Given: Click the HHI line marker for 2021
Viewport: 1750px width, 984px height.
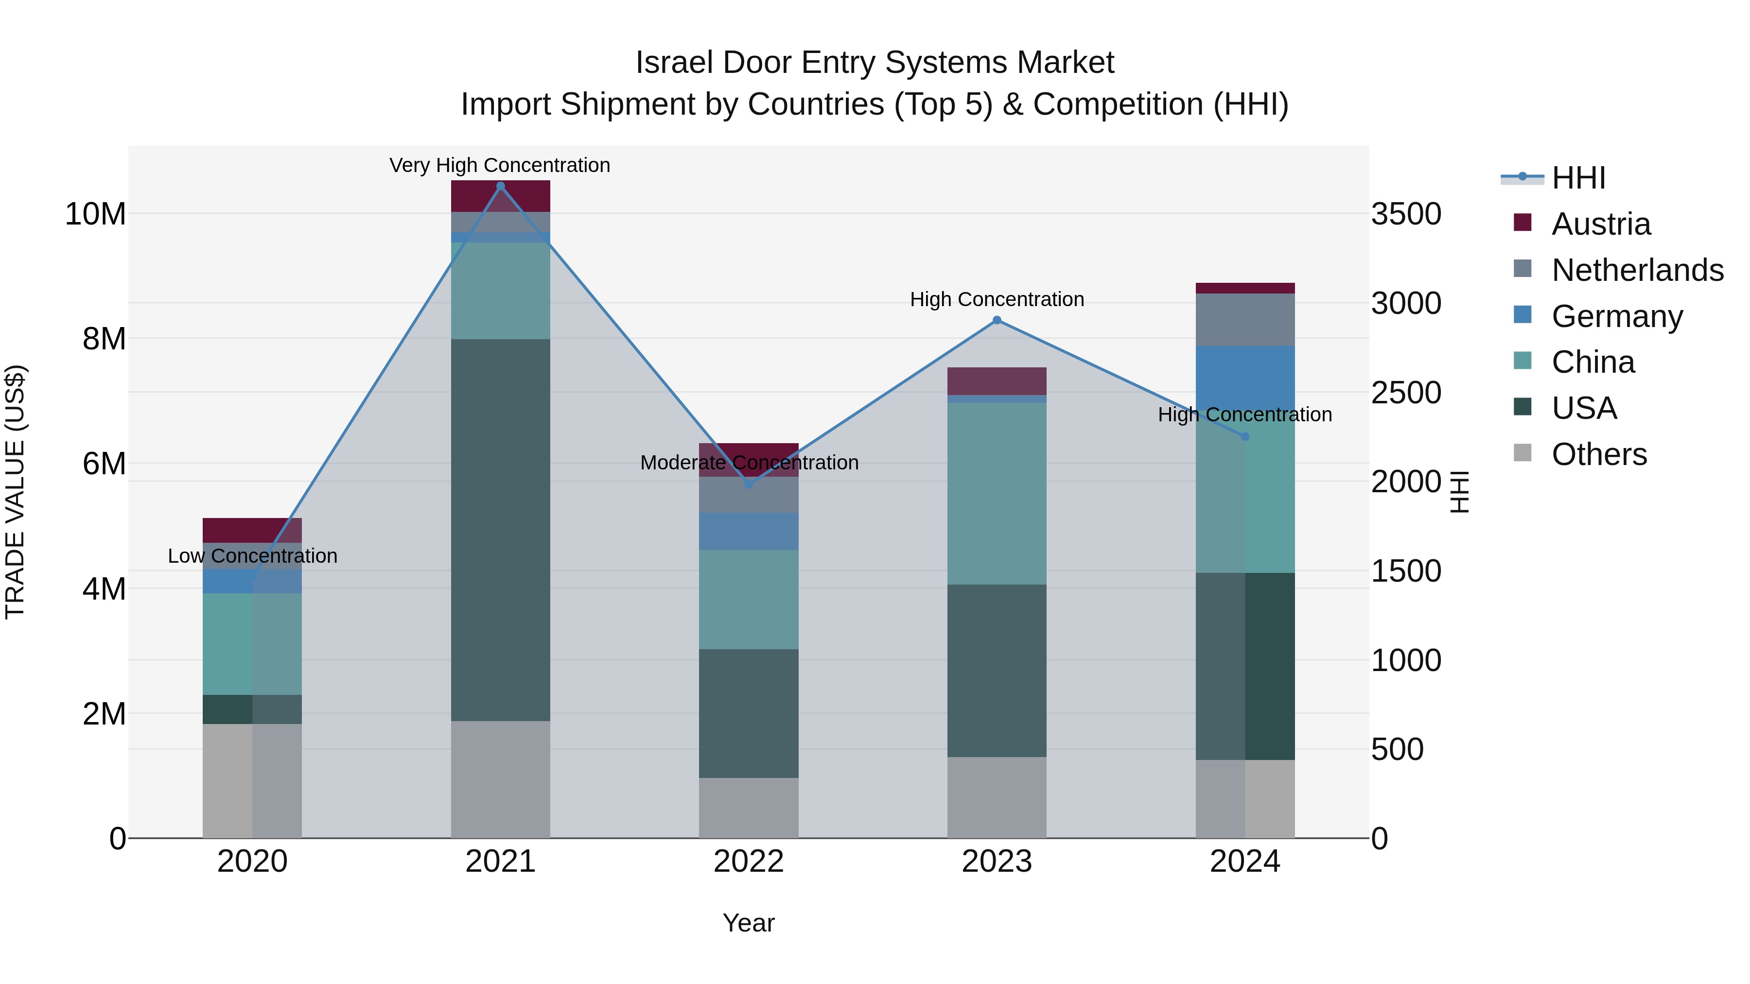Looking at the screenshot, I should pos(501,186).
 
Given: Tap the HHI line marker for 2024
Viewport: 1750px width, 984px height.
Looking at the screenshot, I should pos(1244,437).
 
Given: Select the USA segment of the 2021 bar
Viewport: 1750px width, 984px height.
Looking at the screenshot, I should pos(501,530).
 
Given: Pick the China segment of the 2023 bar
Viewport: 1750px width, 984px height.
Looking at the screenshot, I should pos(997,494).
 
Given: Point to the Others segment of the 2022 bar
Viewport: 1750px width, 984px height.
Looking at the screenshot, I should pos(749,808).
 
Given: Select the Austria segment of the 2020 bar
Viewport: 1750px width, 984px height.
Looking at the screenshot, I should pos(252,530).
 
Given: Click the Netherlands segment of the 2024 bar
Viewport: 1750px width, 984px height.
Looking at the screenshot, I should pos(1244,320).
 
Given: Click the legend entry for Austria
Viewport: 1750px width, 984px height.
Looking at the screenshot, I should pos(1601,224).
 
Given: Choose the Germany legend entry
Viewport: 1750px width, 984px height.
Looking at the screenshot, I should pos(1617,316).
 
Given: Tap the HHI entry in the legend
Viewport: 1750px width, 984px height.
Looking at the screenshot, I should pos(1577,178).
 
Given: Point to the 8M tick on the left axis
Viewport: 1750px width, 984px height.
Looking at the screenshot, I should pos(104,339).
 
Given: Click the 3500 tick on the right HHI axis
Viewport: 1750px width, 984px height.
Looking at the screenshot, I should pos(1405,214).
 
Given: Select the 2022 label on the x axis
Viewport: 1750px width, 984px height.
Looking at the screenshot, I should pos(749,862).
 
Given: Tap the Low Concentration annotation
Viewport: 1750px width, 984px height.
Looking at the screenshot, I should pos(252,556).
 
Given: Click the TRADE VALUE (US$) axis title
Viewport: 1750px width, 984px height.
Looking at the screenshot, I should pos(15,492).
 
